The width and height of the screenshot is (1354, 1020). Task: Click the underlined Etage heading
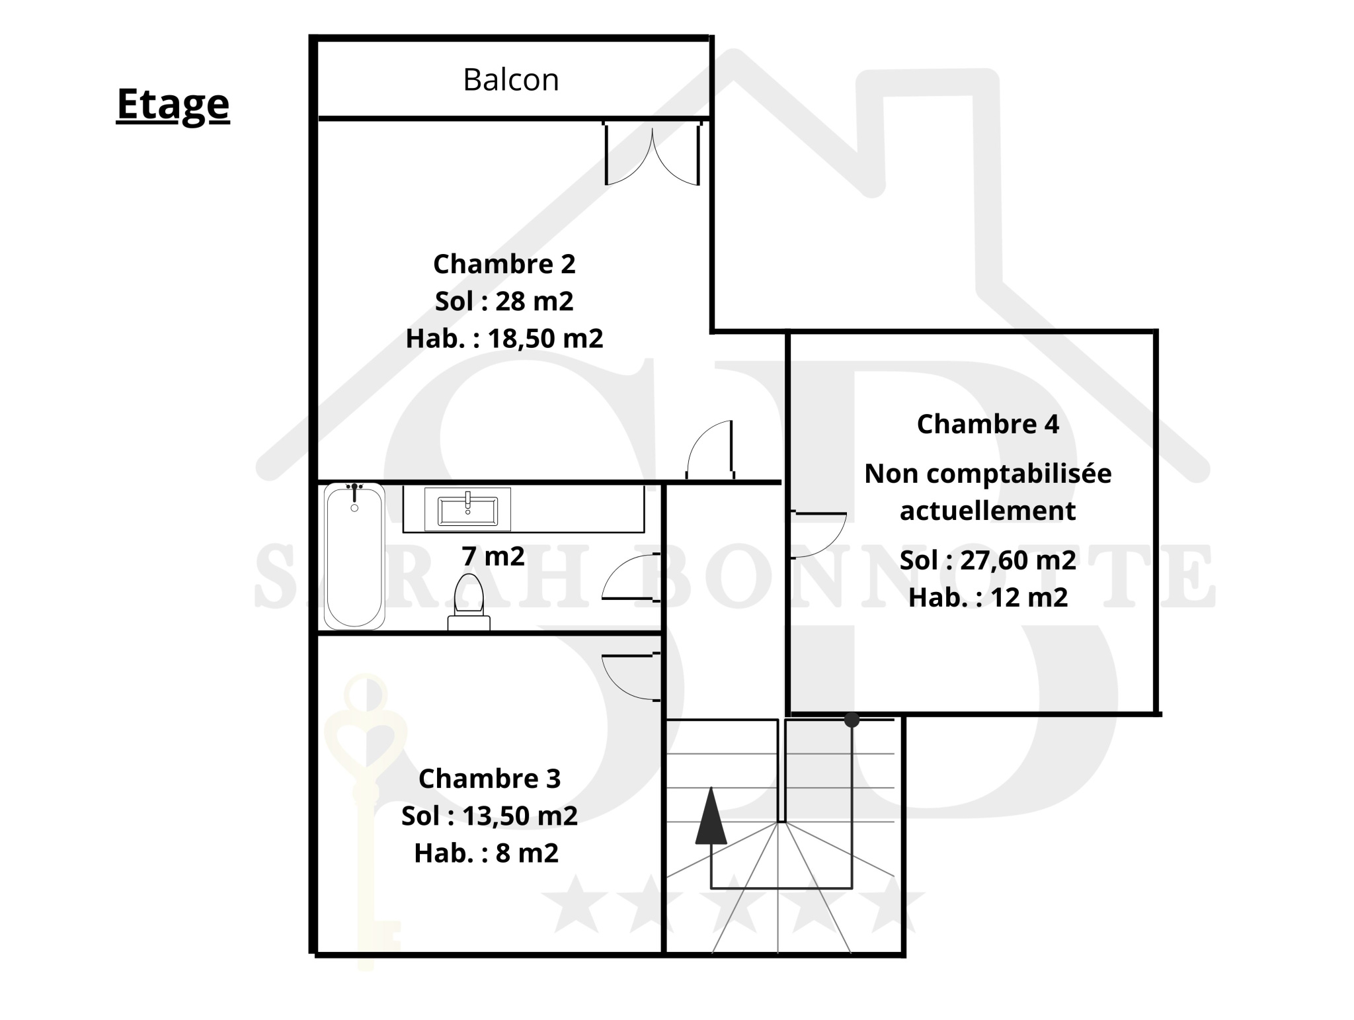[173, 105]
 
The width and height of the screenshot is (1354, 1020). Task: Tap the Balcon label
[511, 80]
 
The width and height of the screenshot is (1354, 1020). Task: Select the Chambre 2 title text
[504, 264]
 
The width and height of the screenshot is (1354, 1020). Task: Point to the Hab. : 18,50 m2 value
[504, 339]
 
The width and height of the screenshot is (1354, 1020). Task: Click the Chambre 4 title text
[988, 424]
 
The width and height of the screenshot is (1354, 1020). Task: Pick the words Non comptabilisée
[988, 474]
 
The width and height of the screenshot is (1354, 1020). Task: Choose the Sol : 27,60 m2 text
[988, 560]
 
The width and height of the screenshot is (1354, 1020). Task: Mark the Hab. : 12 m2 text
[988, 597]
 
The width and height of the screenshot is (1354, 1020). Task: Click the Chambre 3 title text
[490, 779]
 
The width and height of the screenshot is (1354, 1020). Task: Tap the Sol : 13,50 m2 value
[490, 816]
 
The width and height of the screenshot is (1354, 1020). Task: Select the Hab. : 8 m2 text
[487, 853]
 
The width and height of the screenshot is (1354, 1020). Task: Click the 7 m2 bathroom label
[493, 556]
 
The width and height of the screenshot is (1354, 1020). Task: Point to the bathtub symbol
[354, 556]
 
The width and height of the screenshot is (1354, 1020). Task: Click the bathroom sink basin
[467, 509]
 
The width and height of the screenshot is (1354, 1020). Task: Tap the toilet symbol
[469, 602]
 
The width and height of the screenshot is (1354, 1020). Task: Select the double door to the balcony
[653, 153]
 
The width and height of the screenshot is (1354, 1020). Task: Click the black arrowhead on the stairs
[711, 815]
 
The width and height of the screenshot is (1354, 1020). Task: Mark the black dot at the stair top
[852, 720]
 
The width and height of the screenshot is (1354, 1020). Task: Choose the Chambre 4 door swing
[818, 535]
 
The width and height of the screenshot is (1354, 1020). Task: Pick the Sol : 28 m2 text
[504, 302]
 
